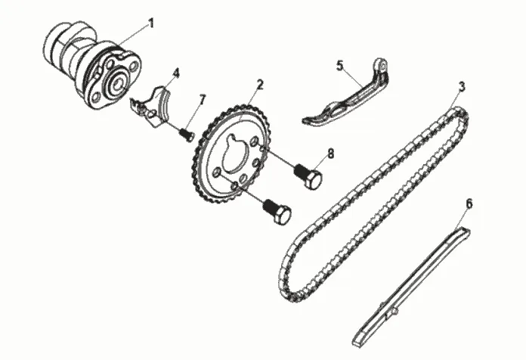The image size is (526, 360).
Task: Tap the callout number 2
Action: click(259, 84)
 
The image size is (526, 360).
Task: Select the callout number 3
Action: click(461, 85)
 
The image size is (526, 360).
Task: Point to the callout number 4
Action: click(175, 73)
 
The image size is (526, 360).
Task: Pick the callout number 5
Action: click(339, 66)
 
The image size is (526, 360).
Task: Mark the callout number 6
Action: click(469, 203)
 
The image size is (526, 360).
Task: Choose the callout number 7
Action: click(202, 99)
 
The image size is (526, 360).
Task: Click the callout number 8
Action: click(330, 154)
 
